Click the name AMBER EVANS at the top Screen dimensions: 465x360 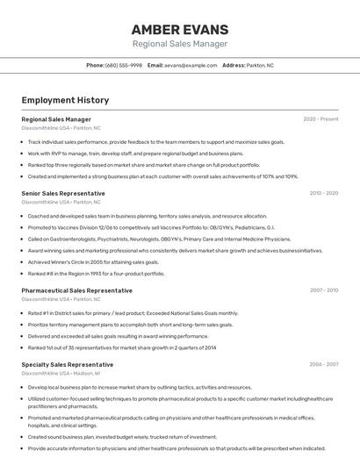179,29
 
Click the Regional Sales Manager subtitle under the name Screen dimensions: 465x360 179,44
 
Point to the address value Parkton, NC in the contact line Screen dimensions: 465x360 261,65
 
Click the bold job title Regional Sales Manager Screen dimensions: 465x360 56,119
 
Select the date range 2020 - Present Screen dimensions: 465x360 320,119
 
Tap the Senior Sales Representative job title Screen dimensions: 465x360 63,193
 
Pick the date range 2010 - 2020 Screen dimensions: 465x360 323,193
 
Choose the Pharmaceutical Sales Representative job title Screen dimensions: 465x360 77,290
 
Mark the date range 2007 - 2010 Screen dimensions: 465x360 323,290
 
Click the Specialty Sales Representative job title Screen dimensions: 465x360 68,364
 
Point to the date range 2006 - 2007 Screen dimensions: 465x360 323,364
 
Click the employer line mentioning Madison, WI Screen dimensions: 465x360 60,373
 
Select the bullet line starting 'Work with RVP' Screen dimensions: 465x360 123,153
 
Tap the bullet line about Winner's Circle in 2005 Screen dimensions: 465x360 93,261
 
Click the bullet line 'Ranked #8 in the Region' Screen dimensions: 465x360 96,273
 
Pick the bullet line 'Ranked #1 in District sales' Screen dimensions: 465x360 133,312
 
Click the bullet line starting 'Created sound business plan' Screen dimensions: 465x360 122,436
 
